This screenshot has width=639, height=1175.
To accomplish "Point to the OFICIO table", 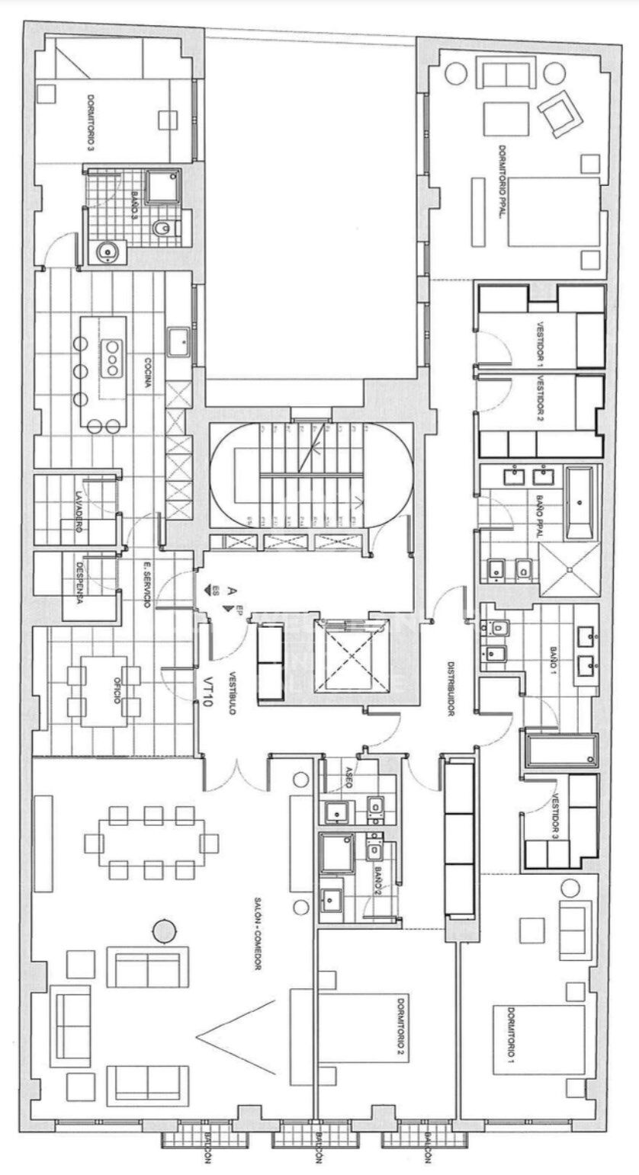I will point(107,689).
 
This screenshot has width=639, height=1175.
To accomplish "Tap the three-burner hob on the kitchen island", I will point(112,358).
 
